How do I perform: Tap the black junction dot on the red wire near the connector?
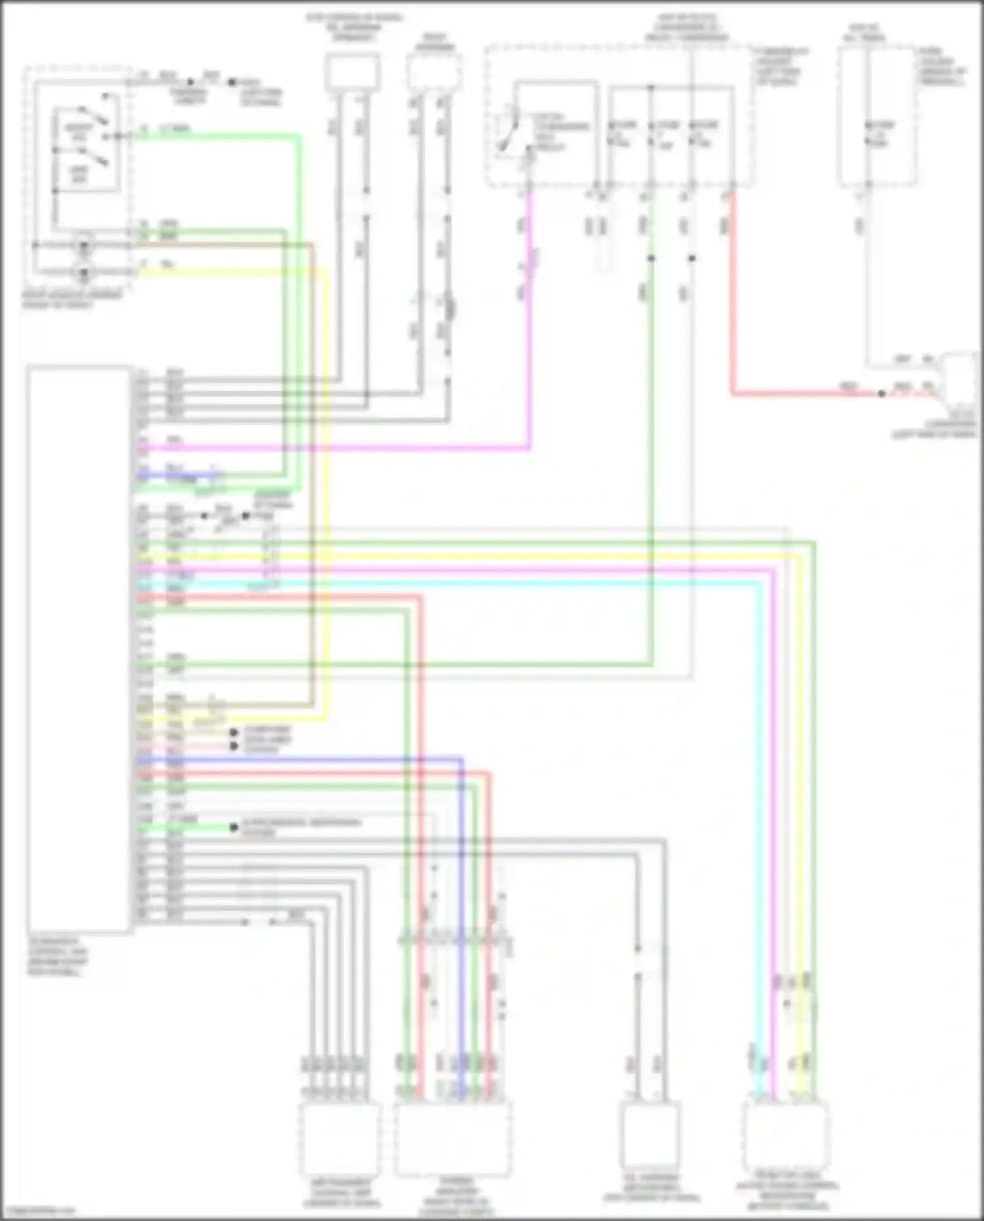tap(881, 394)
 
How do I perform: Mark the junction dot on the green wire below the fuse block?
tap(651, 258)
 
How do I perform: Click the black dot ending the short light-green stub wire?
tap(234, 827)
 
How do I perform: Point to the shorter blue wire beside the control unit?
tap(177, 474)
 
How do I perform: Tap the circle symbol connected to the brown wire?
tap(84, 246)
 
